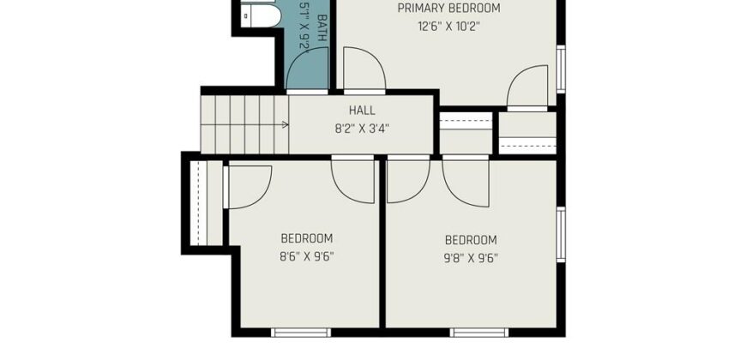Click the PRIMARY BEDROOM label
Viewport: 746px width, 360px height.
[448, 8]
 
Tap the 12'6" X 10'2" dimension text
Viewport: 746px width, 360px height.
[448, 27]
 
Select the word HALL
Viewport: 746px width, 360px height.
[362, 111]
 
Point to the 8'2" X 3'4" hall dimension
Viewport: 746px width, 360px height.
[362, 129]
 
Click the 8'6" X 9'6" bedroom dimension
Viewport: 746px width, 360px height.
[307, 257]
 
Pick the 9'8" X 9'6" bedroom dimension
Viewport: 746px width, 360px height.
[471, 258]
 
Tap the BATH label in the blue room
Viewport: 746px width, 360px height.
[322, 27]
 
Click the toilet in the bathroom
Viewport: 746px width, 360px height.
[261, 16]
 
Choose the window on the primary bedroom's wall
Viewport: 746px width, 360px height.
[561, 69]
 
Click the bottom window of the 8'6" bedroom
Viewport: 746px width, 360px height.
[301, 333]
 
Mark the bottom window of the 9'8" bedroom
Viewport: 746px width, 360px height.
[479, 333]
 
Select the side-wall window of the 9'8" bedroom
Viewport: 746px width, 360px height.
[561, 235]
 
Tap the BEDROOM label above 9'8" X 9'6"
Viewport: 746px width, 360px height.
[471, 240]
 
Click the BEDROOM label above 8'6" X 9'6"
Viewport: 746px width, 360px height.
[307, 238]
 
